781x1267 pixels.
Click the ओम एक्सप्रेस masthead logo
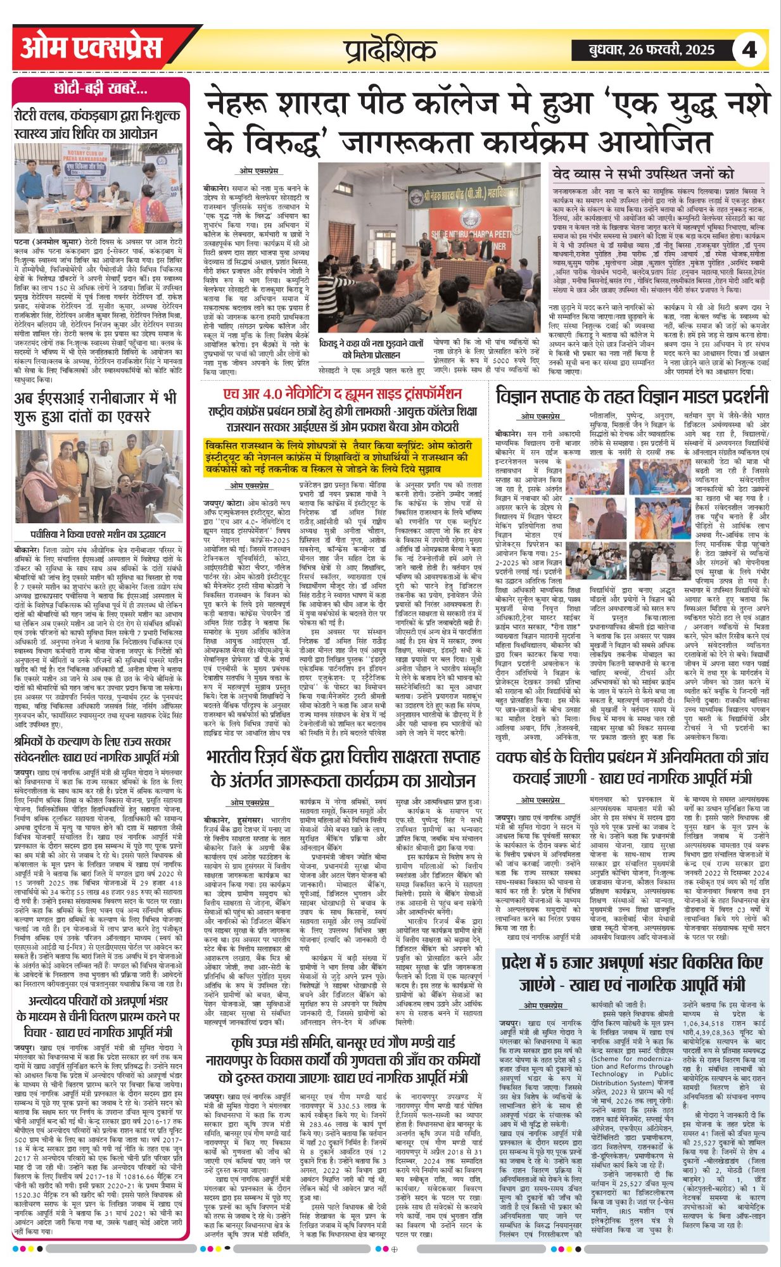91,49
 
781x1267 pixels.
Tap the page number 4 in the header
749,49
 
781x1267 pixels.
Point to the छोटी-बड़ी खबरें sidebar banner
101,89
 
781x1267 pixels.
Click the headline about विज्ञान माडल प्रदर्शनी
632,396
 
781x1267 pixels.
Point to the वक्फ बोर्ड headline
632,767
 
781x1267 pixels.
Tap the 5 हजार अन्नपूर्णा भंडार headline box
632,972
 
